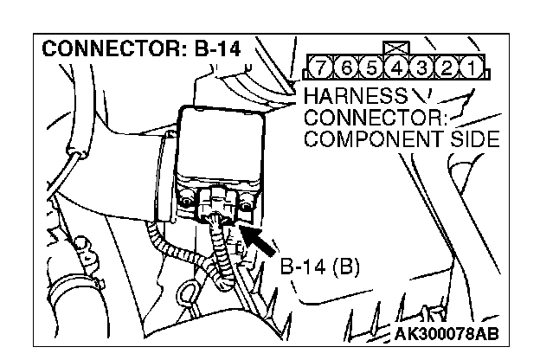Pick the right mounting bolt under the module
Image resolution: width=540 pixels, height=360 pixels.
click(x=247, y=204)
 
